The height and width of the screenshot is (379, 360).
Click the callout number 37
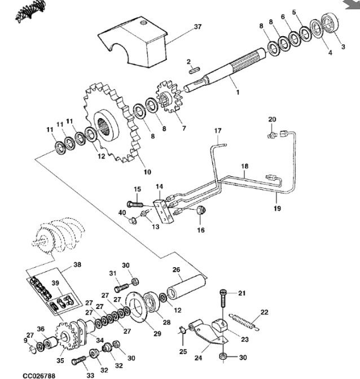point(197,27)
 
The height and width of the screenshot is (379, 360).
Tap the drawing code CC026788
point(39,374)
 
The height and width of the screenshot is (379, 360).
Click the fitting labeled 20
point(272,134)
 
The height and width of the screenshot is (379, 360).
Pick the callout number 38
point(77,264)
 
